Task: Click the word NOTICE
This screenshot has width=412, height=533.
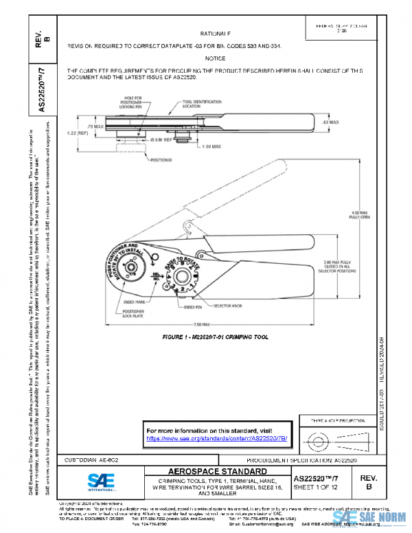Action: (215, 59)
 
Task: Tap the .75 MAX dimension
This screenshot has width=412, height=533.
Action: (95, 127)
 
